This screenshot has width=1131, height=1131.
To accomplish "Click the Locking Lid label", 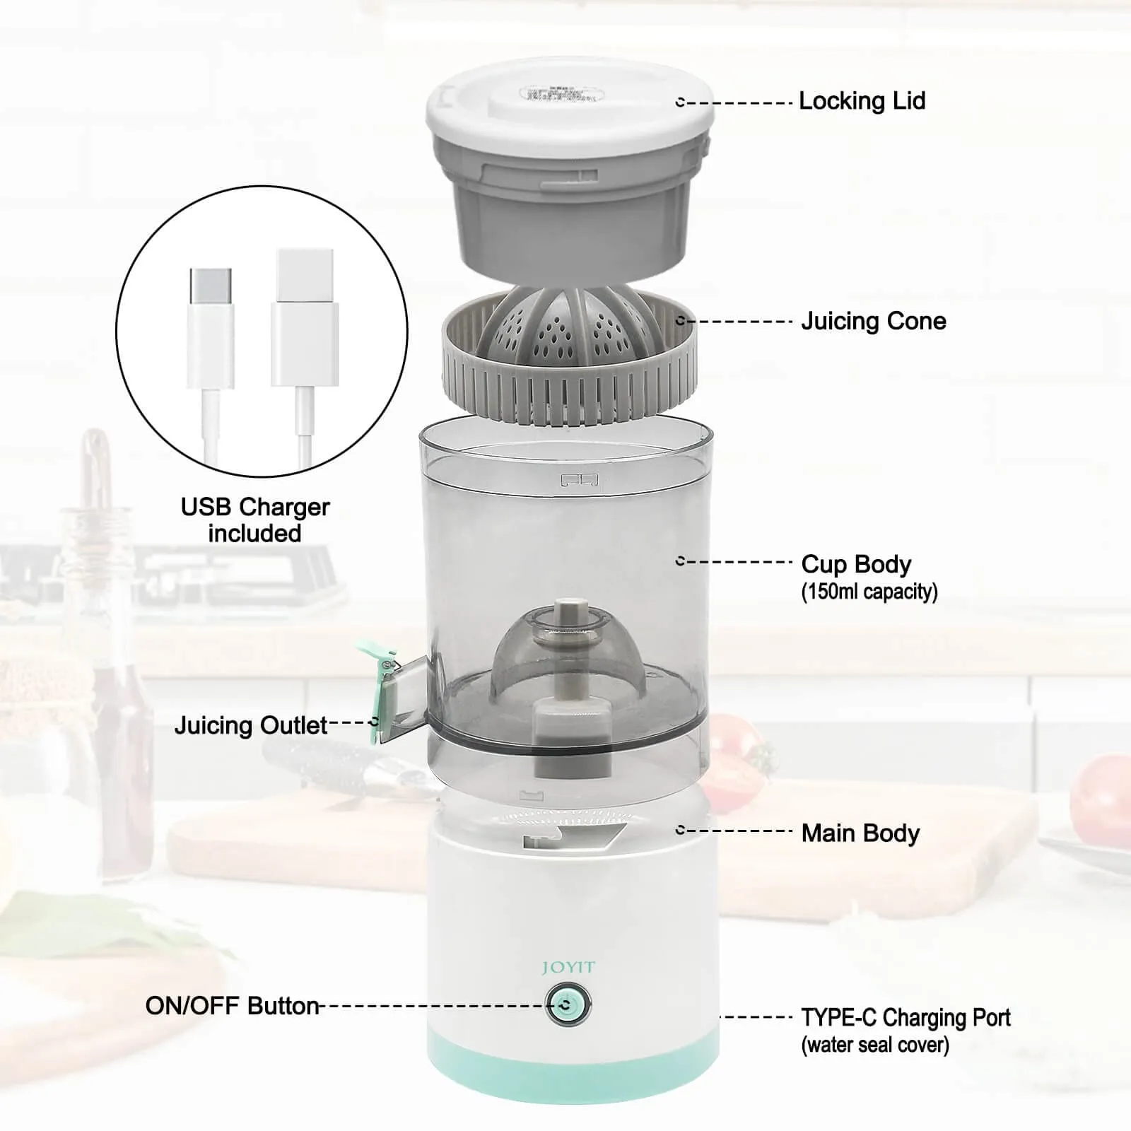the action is pyautogui.click(x=862, y=101).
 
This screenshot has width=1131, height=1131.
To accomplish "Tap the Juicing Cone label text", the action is pyautogui.click(x=873, y=321).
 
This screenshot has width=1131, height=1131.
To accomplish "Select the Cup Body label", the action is pyautogui.click(x=856, y=564).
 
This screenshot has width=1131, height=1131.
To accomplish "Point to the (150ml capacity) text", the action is pyautogui.click(x=869, y=591).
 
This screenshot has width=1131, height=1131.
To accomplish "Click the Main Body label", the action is pyautogui.click(x=860, y=833).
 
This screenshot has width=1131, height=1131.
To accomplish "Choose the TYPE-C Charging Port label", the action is pyautogui.click(x=906, y=1018).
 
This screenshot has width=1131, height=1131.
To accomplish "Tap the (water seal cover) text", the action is pyautogui.click(x=875, y=1045).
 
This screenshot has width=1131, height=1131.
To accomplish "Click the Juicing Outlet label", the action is pyautogui.click(x=251, y=725).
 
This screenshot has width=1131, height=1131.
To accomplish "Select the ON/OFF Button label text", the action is pyautogui.click(x=233, y=1005).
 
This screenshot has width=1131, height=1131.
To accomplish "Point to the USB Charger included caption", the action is pyautogui.click(x=255, y=520).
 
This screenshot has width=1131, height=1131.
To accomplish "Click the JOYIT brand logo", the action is pyautogui.click(x=568, y=968).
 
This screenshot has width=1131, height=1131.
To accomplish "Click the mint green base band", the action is pyautogui.click(x=573, y=1074).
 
